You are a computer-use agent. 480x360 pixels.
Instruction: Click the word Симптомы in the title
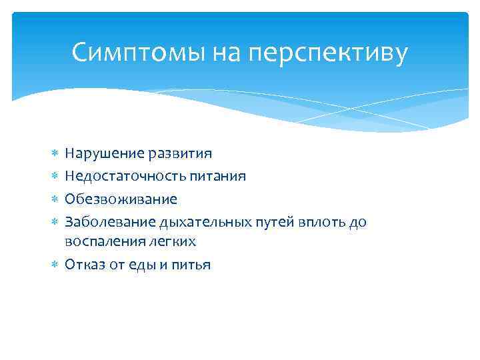click(x=138, y=53)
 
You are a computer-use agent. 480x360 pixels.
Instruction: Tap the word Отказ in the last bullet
click(x=83, y=265)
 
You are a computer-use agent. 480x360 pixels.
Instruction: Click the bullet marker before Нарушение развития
click(x=52, y=154)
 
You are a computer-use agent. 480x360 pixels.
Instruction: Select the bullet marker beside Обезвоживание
click(x=52, y=199)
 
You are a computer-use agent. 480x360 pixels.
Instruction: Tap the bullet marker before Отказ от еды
click(x=52, y=265)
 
